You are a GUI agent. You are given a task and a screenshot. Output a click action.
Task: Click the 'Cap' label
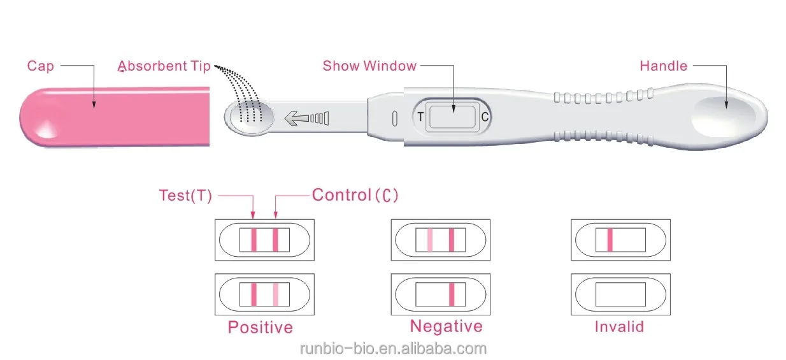(40, 66)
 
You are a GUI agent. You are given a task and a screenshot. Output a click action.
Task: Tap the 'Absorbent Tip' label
(164, 66)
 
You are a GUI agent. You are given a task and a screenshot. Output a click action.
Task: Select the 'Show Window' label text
(369, 65)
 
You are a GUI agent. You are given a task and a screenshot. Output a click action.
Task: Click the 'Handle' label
(663, 66)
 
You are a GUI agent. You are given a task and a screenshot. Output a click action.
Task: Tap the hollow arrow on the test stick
(296, 118)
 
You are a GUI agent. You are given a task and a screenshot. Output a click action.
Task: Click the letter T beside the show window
(420, 117)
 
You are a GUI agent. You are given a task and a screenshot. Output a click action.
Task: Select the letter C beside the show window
(485, 117)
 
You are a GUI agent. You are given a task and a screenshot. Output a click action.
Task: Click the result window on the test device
(453, 117)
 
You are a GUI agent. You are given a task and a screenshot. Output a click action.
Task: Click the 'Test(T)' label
(185, 196)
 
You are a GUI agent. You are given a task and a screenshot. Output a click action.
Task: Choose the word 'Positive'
(261, 328)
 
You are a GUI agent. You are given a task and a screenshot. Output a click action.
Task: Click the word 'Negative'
(446, 326)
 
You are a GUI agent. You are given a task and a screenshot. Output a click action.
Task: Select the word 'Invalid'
(619, 327)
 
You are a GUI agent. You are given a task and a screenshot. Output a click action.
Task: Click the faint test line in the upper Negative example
(430, 240)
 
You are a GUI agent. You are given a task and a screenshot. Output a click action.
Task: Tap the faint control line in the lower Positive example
(276, 294)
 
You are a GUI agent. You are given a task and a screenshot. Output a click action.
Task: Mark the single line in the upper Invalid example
(610, 240)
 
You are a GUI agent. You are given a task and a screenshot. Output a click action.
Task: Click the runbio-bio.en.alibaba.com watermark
(393, 349)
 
